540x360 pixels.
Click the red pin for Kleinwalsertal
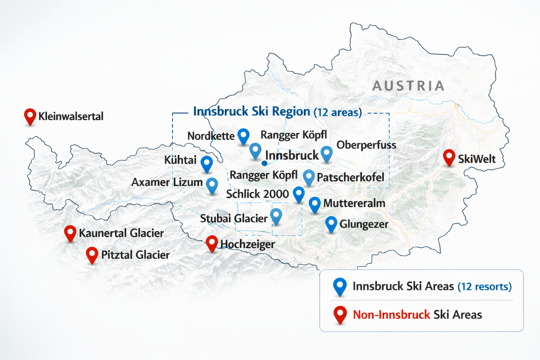(x=30, y=116)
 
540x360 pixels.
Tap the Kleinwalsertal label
(x=71, y=116)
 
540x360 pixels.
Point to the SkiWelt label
(x=476, y=159)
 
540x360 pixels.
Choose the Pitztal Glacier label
(x=135, y=255)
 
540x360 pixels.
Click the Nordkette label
(x=211, y=136)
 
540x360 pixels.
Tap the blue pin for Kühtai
(x=207, y=163)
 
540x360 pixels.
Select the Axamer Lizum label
(x=167, y=182)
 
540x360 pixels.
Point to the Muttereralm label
(x=354, y=203)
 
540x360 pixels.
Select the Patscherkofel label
(x=350, y=178)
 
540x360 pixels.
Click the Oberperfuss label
(x=366, y=145)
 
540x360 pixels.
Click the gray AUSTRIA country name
(x=408, y=86)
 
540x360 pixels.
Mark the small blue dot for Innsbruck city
(x=264, y=163)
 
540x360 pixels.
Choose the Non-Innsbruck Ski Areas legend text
(x=417, y=315)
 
